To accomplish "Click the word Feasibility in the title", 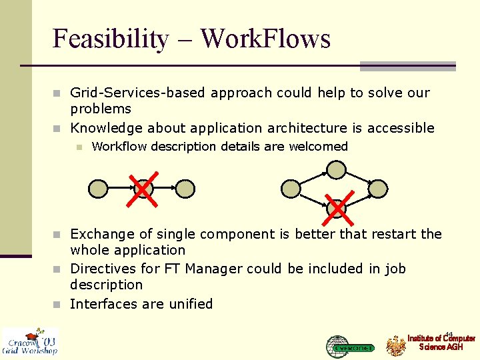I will coord(110,39).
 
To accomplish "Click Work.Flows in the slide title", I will coord(265,39).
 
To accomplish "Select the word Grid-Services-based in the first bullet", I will coord(139,93).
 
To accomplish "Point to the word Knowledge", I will coord(107,128).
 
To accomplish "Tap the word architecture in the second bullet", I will coord(304,128).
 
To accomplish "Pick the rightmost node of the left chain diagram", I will coord(185,189).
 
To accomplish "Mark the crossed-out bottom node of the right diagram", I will coord(337,208).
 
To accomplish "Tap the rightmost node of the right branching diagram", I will coord(378,189).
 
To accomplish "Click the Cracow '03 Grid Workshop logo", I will coord(30,341).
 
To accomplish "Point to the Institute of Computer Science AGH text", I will coord(441,343).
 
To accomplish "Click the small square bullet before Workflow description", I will coord(79,147).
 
